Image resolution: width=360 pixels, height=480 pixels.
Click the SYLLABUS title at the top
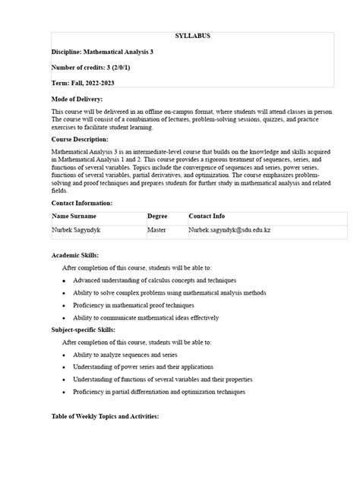point(193,36)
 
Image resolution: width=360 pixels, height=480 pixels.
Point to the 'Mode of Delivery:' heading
point(77,99)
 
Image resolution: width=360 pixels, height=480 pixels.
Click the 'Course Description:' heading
point(80,140)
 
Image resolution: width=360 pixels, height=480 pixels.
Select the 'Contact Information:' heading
point(82,204)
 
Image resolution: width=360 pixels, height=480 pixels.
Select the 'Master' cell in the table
point(157,229)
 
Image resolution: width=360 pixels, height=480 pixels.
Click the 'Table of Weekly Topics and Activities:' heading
point(105,417)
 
